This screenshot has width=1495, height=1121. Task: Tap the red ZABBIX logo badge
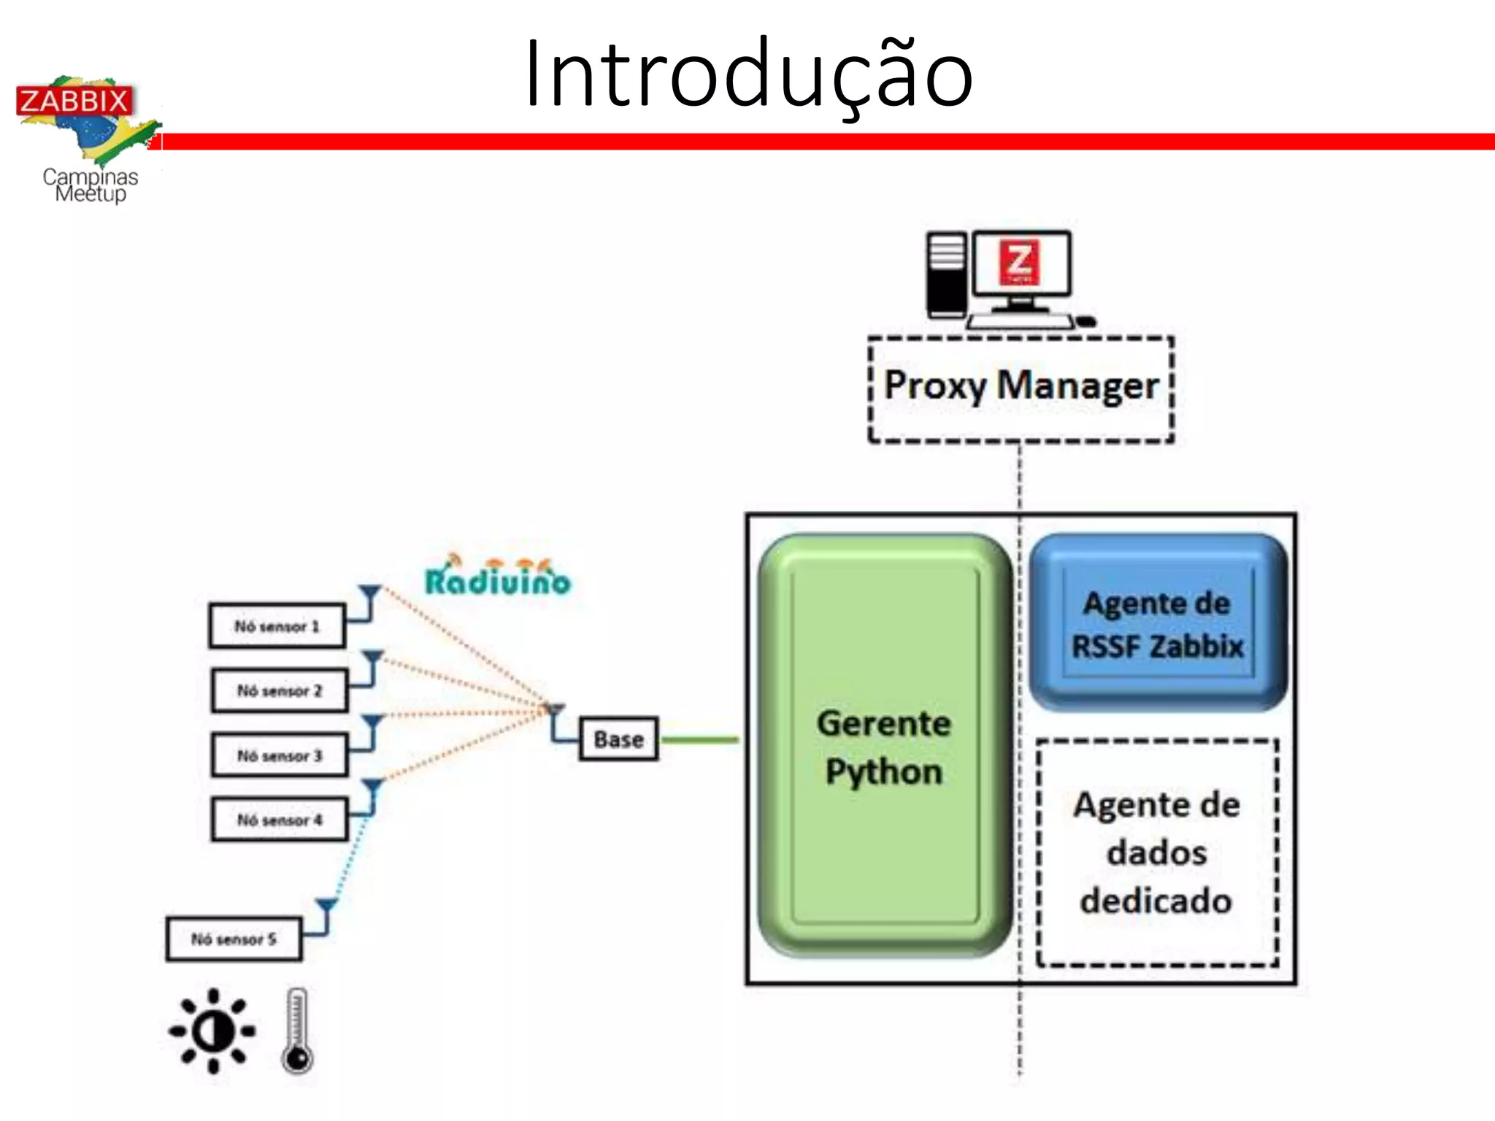(74, 101)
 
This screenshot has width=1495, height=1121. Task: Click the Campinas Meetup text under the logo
(91, 185)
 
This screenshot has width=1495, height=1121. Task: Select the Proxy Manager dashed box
(1021, 388)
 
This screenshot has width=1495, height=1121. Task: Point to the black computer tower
(946, 276)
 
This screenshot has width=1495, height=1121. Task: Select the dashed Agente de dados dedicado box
(1157, 852)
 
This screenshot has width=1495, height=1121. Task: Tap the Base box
(618, 739)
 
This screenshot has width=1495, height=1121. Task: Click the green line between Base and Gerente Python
(699, 739)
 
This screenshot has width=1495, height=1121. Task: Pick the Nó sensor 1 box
(277, 626)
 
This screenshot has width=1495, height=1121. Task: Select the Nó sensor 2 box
(280, 690)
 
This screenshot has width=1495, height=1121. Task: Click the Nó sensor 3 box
(280, 755)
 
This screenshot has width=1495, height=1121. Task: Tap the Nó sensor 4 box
(280, 820)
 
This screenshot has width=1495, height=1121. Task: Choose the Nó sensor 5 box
(234, 939)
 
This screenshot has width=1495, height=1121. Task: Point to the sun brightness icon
(212, 1031)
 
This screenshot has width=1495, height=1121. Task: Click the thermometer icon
(297, 1031)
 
